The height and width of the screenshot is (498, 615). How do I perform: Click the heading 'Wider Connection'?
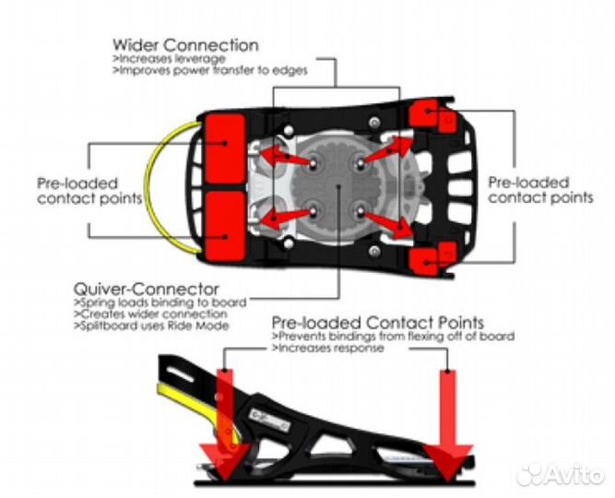pos(184,44)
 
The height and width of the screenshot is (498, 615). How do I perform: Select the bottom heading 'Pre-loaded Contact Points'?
pos(378,324)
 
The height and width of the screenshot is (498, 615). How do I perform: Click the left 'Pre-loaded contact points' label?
pos(89,190)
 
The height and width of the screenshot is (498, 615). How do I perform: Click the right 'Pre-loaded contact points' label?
pos(540,190)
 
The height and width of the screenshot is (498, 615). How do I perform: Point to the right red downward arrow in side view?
pos(449,424)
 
